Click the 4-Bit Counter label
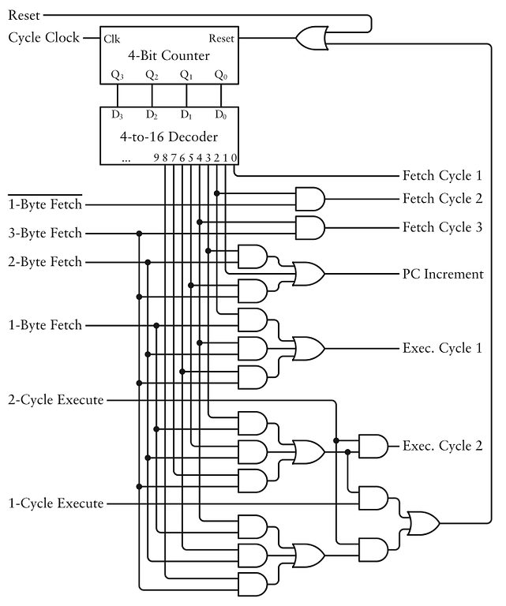tap(168, 56)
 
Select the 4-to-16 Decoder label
tap(168, 137)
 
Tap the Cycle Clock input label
tap(43, 37)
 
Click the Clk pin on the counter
tap(112, 38)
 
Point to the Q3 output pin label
tap(118, 76)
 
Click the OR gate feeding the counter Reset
tap(309, 36)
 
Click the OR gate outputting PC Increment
tap(308, 274)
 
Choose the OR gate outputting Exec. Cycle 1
tap(308, 348)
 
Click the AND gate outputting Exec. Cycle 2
tap(373, 446)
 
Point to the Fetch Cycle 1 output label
tap(442, 175)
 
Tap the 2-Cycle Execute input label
tap(56, 400)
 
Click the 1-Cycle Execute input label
tap(56, 503)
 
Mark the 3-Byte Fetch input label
tap(45, 234)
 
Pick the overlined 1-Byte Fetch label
tap(45, 204)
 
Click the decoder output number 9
tap(156, 158)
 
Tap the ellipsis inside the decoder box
tap(126, 158)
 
